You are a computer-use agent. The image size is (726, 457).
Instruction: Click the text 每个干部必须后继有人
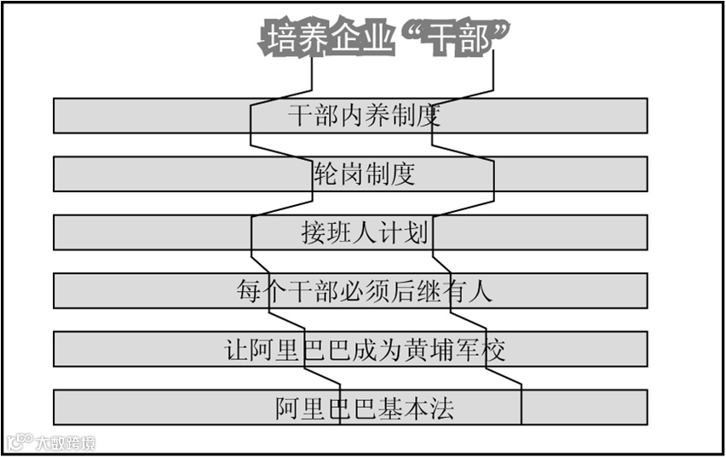click(x=364, y=291)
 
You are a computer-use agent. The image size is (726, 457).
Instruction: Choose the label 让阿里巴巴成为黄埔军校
click(x=364, y=349)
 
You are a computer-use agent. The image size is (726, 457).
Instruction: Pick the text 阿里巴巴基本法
click(x=364, y=408)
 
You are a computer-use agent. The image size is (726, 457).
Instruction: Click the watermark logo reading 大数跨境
click(x=49, y=442)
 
